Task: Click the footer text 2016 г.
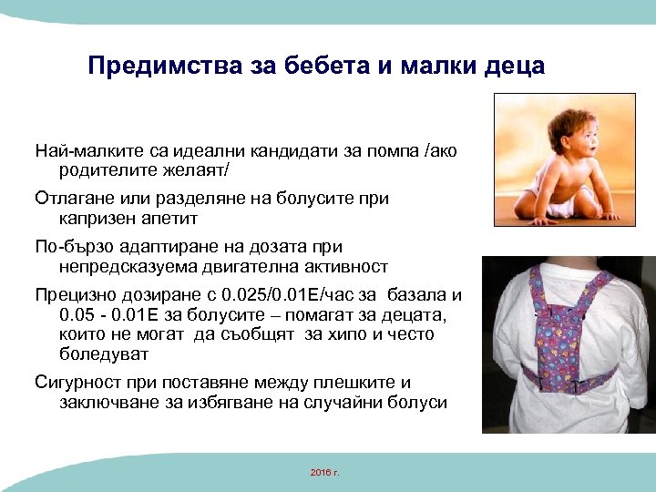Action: click(323, 472)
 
